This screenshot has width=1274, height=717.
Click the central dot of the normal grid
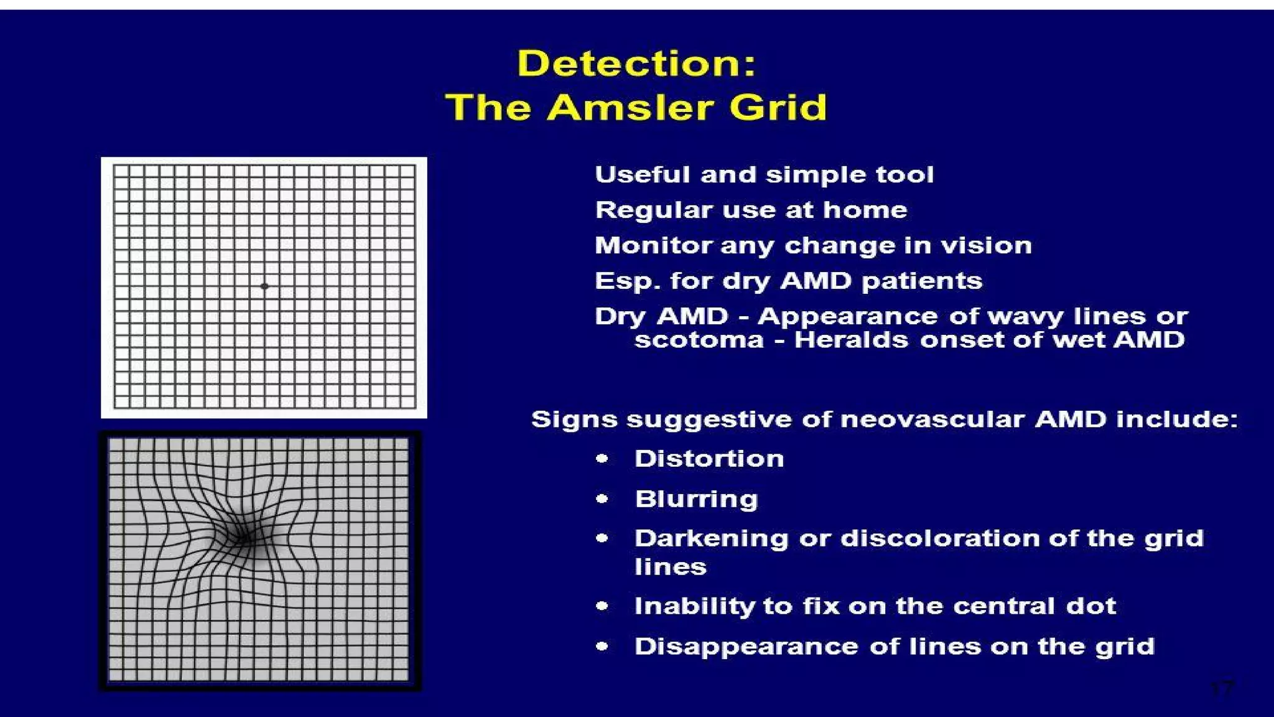[264, 286]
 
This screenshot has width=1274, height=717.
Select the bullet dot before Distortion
[602, 459]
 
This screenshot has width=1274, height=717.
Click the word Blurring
[696, 499]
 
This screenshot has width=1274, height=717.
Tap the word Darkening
[711, 538]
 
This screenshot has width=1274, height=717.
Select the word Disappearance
[746, 647]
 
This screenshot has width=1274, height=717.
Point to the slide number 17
[1221, 689]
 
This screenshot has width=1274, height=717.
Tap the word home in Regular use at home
[865, 210]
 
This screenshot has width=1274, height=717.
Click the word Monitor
[653, 246]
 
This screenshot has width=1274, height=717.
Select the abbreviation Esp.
[627, 281]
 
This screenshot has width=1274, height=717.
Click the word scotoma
[699, 340]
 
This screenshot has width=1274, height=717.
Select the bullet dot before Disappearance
[602, 646]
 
